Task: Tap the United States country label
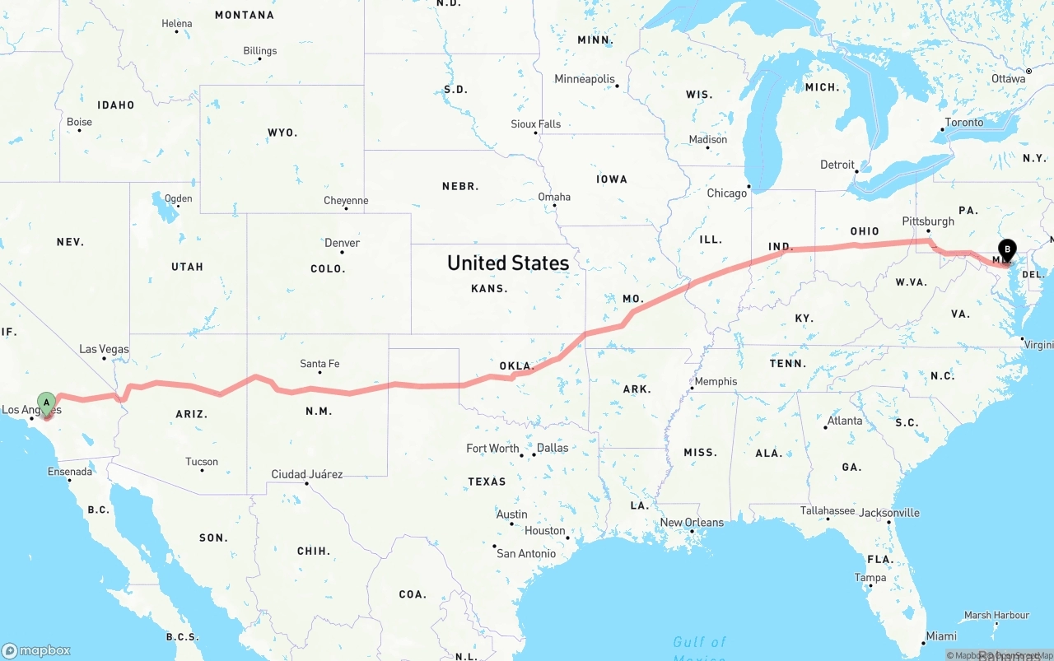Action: tap(507, 263)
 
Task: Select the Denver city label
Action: tap(342, 243)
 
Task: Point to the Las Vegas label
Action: tap(104, 349)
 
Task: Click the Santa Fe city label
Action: tap(319, 364)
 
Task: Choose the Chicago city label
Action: tap(726, 193)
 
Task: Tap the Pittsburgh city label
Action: tap(928, 221)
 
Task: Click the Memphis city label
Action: tap(716, 382)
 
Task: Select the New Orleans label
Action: tap(692, 523)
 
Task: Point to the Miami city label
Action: tap(941, 636)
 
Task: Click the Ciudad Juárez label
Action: tap(307, 475)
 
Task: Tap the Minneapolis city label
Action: tap(585, 79)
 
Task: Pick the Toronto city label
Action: tap(963, 123)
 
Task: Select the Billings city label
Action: tap(259, 51)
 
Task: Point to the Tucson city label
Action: tap(202, 462)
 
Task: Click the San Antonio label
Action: tap(525, 554)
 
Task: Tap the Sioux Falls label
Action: tap(535, 124)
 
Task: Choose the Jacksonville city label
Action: tap(889, 513)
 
